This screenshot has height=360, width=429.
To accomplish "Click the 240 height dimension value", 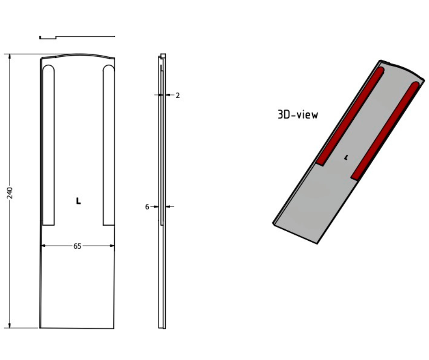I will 10,192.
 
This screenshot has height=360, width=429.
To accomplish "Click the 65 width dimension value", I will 77,246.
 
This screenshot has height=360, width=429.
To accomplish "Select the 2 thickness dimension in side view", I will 178,95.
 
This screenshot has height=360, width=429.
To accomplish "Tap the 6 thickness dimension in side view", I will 147,207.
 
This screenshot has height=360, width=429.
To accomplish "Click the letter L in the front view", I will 78,201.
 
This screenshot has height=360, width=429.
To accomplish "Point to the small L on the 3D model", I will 346,158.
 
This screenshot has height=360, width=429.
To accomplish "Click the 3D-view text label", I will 298,115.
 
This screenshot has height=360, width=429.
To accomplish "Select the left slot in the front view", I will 48,146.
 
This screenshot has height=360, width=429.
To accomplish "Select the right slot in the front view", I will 109,146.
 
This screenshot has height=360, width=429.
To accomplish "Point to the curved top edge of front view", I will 78,55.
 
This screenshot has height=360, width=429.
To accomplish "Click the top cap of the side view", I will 163,56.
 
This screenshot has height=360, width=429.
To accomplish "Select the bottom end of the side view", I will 162,326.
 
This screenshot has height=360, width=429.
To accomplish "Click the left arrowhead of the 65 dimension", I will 44,246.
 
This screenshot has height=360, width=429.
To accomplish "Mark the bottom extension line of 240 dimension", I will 23,328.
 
